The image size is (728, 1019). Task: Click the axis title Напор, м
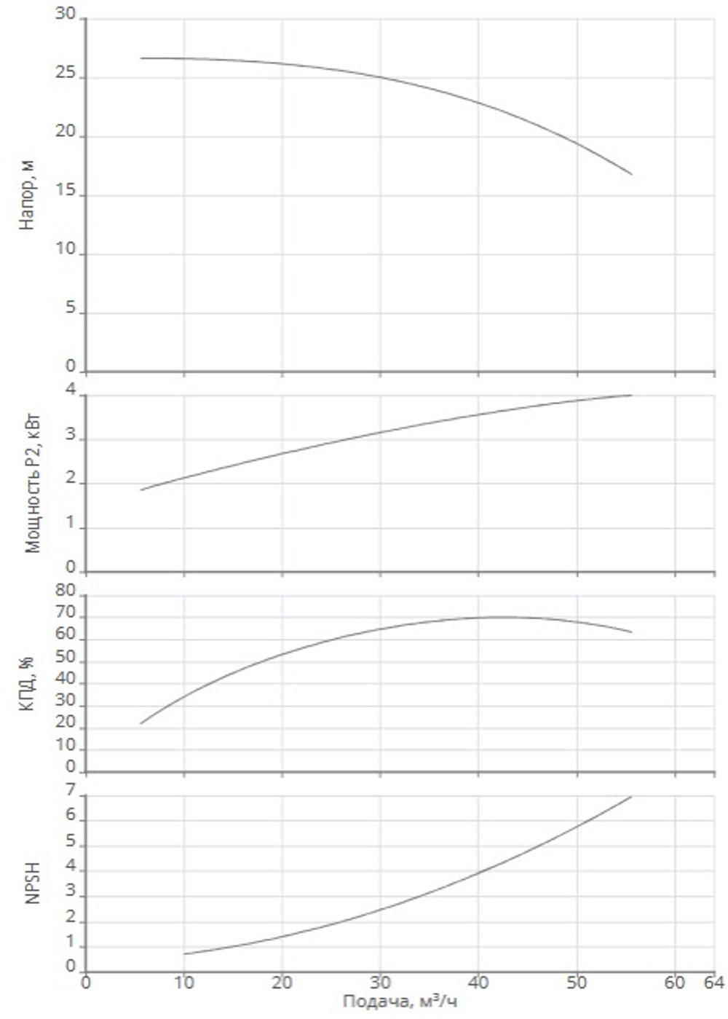[27, 196]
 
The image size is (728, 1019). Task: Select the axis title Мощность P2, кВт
[33, 483]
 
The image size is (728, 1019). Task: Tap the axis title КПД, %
[27, 684]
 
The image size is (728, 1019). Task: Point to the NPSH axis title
[32, 883]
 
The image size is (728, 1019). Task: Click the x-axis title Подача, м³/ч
[400, 1002]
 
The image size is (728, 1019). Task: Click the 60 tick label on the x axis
[674, 983]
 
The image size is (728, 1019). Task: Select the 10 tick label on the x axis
[183, 983]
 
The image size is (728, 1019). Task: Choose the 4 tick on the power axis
[70, 390]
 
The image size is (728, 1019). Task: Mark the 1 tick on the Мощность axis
[70, 523]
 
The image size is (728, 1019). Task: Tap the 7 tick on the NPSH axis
[70, 790]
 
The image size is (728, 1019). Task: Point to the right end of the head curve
[632, 174]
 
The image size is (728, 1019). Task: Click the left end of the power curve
[141, 490]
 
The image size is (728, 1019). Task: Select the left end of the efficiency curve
[141, 723]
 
